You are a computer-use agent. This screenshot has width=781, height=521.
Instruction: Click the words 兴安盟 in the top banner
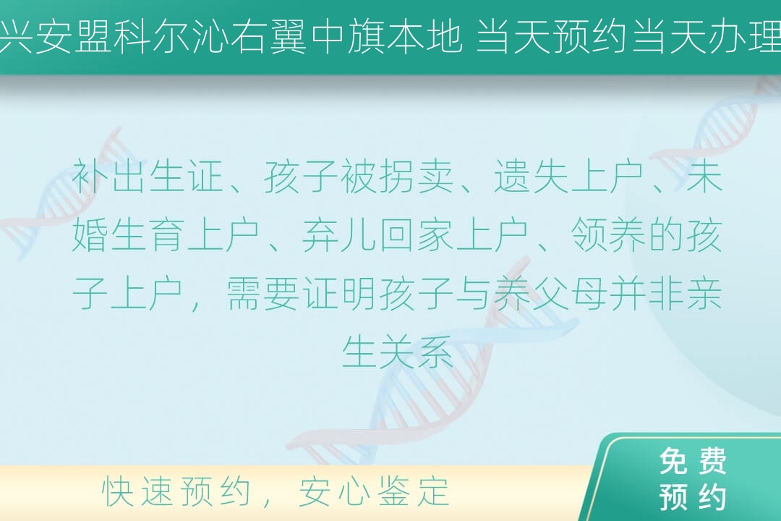56,36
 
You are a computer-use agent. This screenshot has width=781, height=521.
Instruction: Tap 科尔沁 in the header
171,36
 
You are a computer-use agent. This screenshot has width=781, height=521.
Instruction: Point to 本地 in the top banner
424,36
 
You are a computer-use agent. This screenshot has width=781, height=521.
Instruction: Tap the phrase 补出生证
148,177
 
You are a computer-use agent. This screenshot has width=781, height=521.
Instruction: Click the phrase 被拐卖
397,177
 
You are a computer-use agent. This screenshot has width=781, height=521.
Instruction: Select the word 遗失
531,177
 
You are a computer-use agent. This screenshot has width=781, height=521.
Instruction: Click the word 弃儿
338,235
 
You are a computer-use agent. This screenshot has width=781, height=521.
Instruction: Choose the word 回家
416,235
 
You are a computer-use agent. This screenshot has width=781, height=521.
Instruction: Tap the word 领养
607,235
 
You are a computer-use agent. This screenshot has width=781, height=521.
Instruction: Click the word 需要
263,294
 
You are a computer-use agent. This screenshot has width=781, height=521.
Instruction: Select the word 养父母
550,294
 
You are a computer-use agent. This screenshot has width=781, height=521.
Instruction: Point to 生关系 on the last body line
397,352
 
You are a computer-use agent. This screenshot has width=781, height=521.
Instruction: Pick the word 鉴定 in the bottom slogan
414,491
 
